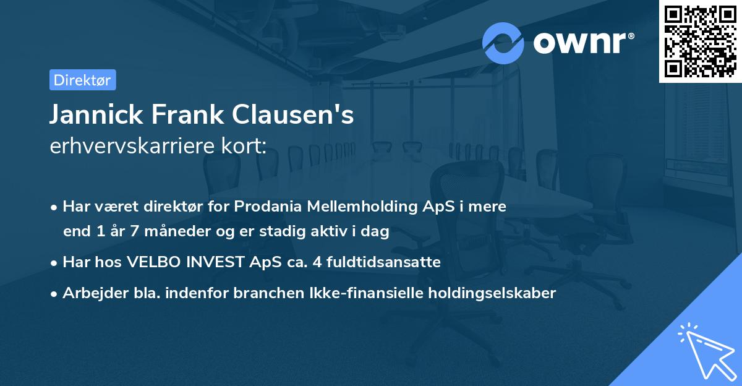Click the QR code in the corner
(700, 41)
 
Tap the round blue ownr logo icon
(503, 43)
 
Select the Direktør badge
(82, 80)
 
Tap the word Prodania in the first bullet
(265, 207)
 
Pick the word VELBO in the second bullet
(152, 262)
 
